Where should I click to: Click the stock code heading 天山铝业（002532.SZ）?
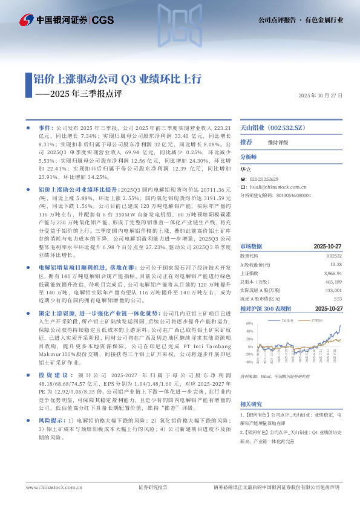click(270, 129)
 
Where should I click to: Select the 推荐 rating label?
click(246, 142)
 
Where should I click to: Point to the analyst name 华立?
click(246, 171)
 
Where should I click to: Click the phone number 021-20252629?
click(264, 180)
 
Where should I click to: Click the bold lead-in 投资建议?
click(50, 341)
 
